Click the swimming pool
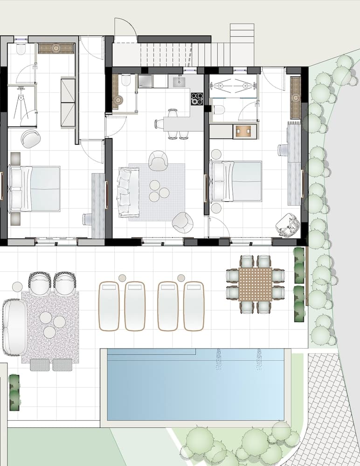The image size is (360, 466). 196,384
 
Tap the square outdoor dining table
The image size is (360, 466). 255,284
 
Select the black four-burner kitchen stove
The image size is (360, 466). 197,98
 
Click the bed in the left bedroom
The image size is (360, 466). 35,189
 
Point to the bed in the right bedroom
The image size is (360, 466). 236,181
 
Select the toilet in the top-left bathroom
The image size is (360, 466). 21,49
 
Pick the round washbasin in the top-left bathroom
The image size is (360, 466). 56,48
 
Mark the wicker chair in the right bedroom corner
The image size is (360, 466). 286,225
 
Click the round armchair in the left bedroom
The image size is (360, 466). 31,138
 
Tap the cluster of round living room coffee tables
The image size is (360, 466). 159,191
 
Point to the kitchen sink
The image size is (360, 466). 179,82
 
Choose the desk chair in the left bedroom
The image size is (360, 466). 87,219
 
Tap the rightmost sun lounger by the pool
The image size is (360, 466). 194,306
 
